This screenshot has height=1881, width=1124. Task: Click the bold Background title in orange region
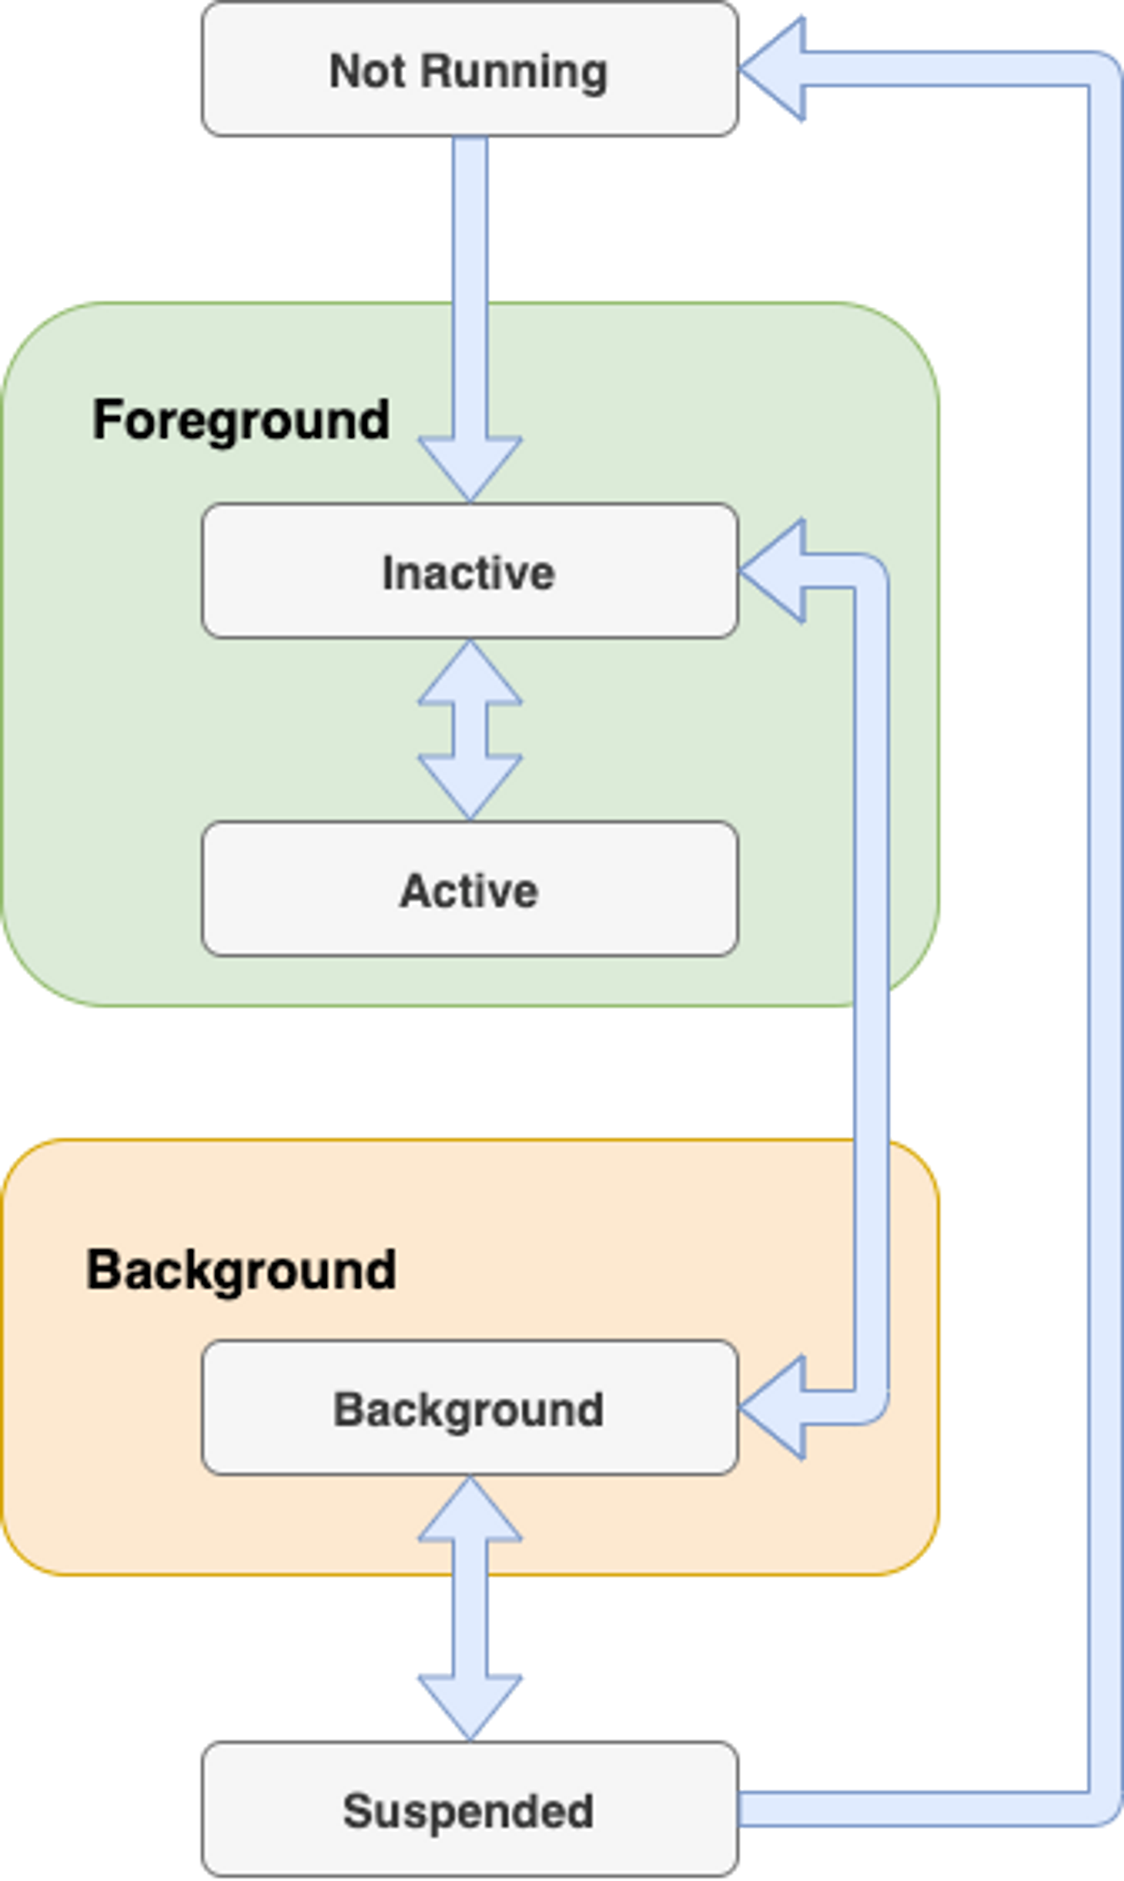[x=241, y=1270]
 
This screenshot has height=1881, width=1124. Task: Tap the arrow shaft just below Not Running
[x=470, y=220]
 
